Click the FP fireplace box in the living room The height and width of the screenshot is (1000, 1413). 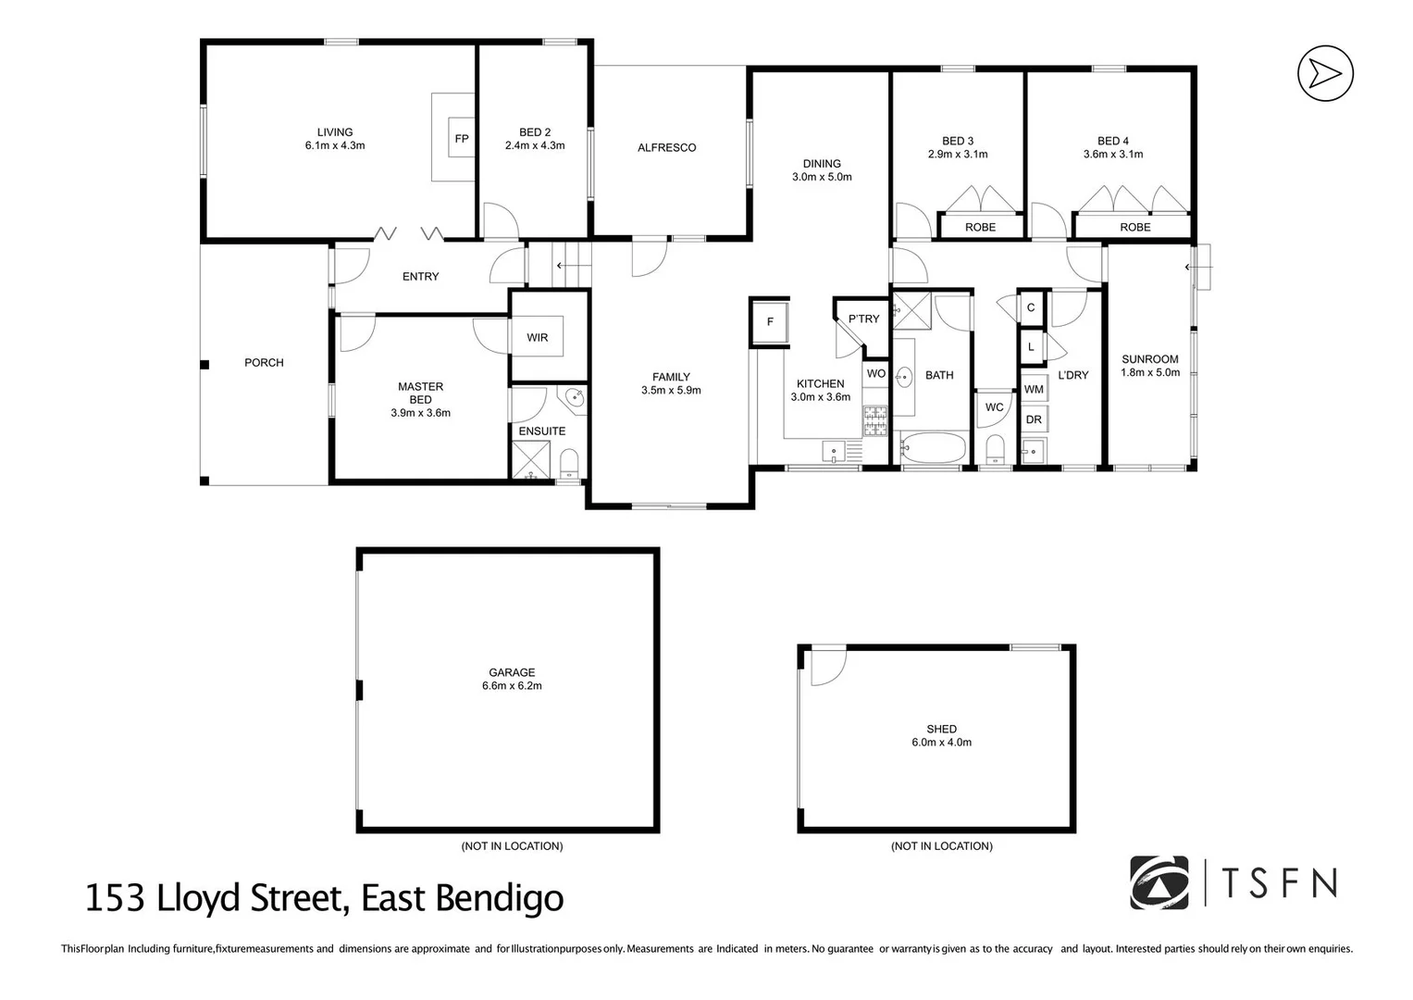(x=461, y=139)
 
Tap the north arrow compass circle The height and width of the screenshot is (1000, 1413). (x=1325, y=73)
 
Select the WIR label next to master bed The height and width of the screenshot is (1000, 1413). (x=538, y=338)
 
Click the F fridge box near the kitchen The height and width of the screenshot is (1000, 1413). (x=770, y=322)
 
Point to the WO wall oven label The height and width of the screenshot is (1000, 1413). (x=875, y=374)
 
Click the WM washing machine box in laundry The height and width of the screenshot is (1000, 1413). (x=1034, y=390)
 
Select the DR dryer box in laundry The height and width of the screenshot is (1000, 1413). (x=1034, y=419)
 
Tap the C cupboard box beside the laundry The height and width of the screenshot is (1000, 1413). (x=1031, y=308)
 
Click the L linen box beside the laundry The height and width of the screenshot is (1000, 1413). (x=1031, y=347)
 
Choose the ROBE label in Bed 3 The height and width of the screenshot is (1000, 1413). (x=980, y=227)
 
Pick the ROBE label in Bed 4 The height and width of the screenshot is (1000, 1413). (x=1134, y=227)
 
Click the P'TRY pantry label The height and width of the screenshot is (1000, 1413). (x=863, y=319)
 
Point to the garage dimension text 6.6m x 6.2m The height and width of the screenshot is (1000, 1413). (x=512, y=686)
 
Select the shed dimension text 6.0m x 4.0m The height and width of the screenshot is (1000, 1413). (x=941, y=743)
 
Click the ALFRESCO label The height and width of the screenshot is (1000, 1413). (x=666, y=148)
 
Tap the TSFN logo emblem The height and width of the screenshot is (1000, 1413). (x=1159, y=883)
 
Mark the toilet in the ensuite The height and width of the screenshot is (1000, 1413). (x=569, y=461)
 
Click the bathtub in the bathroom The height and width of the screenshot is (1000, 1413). (x=933, y=449)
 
